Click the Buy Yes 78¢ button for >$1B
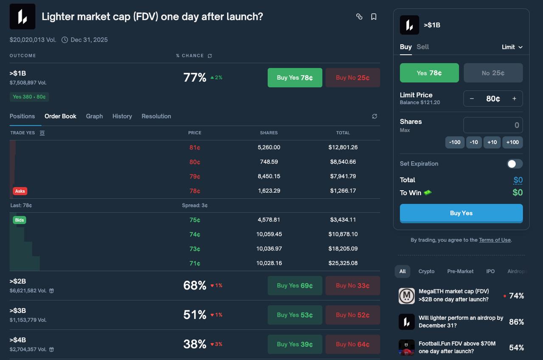coord(295,78)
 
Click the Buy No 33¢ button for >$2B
coord(353,286)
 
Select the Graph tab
coord(94,116)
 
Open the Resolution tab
coord(156,116)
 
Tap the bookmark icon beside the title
coord(374,17)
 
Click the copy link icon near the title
coord(359,17)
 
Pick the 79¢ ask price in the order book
coord(195,176)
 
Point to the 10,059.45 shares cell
coord(269,234)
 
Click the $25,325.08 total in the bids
coord(343,263)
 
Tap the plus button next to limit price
coord(514,98)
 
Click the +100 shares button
coord(512,142)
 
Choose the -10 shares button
coord(474,142)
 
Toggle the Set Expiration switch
coord(515,164)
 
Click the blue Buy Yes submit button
coord(461,213)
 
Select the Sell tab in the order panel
coord(423,47)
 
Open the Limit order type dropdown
coord(512,47)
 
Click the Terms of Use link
coord(495,240)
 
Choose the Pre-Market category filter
coord(460,271)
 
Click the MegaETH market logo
coord(407,296)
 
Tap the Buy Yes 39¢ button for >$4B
coord(295,344)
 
